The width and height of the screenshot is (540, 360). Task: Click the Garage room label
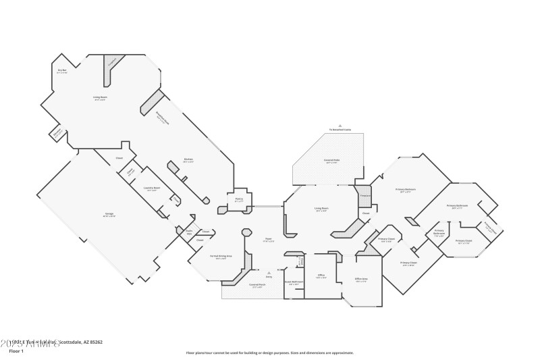pyautogui.click(x=109, y=214)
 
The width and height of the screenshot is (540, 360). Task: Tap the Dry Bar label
pyautogui.click(x=62, y=70)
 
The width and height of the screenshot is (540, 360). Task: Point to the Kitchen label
pyautogui.click(x=188, y=159)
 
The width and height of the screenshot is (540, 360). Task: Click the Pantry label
pyautogui.click(x=239, y=200)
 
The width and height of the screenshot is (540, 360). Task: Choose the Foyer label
pyautogui.click(x=267, y=238)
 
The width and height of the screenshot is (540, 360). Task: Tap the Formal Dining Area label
pyautogui.click(x=215, y=257)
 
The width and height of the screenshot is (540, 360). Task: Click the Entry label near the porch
pyautogui.click(x=269, y=276)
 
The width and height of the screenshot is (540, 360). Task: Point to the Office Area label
pyautogui.click(x=361, y=280)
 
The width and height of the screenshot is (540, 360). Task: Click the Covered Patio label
pyautogui.click(x=331, y=161)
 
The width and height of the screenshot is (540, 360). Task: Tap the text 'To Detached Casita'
pyautogui.click(x=341, y=128)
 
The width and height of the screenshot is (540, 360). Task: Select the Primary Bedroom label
pyautogui.click(x=406, y=190)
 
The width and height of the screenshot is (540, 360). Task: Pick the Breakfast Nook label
pyautogui.click(x=161, y=114)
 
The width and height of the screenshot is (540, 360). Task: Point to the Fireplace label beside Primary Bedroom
pyautogui.click(x=365, y=195)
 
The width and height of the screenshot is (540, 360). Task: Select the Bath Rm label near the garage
pyautogui.click(x=189, y=232)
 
